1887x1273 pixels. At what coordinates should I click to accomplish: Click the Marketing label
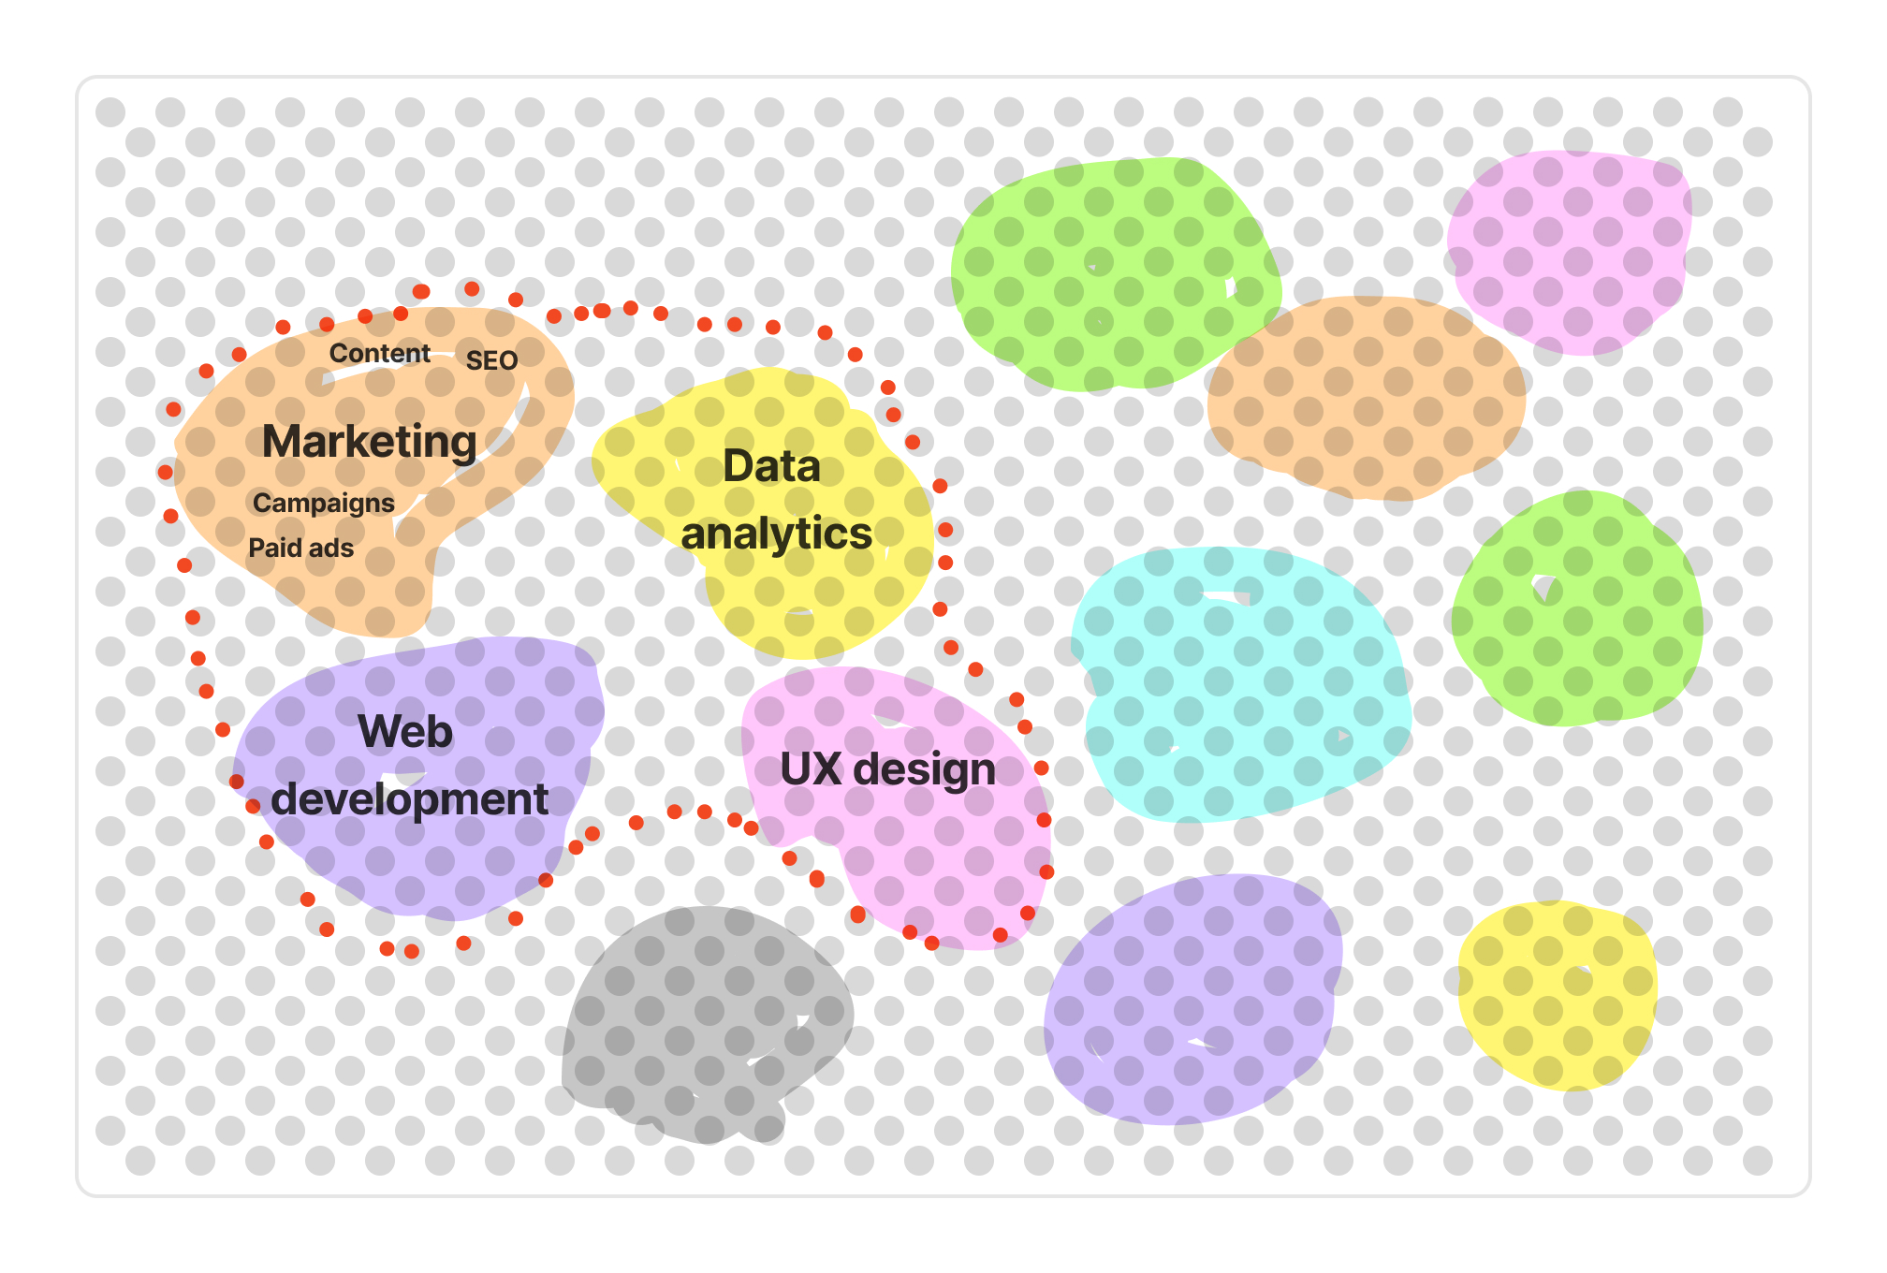point(369,442)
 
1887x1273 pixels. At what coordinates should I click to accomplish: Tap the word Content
point(379,354)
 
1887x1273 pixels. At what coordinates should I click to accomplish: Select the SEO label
point(491,361)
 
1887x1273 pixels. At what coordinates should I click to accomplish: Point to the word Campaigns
point(323,504)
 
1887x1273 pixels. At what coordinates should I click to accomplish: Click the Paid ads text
point(300,549)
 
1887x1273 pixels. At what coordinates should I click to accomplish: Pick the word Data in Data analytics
point(771,466)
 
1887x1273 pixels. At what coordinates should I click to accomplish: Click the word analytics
point(776,534)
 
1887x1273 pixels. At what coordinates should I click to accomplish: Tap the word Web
point(405,731)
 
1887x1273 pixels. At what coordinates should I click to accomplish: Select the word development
point(409,799)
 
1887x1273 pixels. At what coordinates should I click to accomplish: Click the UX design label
point(887,769)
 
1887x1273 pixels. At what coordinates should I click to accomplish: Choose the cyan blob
point(1240,683)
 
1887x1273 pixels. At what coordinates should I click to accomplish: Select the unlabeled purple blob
point(1193,1002)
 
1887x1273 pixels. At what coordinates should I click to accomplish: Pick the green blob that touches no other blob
point(1578,608)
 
